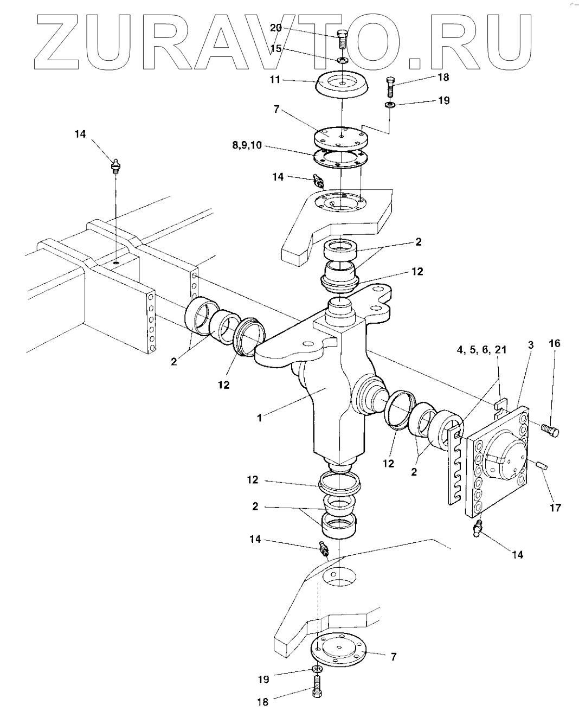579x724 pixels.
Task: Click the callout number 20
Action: (x=275, y=28)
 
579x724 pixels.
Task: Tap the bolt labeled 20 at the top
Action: (x=341, y=40)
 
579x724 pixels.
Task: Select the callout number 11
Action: (x=275, y=80)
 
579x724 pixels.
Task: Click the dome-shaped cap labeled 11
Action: (x=342, y=86)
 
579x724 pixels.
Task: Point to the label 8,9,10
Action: (x=247, y=146)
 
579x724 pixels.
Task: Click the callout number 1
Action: (x=259, y=418)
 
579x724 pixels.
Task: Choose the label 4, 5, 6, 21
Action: (x=481, y=350)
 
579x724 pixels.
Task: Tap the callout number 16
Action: (x=555, y=343)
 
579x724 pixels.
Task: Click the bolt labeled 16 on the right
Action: (x=550, y=430)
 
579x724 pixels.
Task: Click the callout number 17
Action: (x=556, y=507)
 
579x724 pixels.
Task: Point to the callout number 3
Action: (x=531, y=345)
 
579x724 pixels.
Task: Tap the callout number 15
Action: (x=275, y=48)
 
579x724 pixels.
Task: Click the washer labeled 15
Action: (x=342, y=60)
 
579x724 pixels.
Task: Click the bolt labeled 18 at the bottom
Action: (x=317, y=687)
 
